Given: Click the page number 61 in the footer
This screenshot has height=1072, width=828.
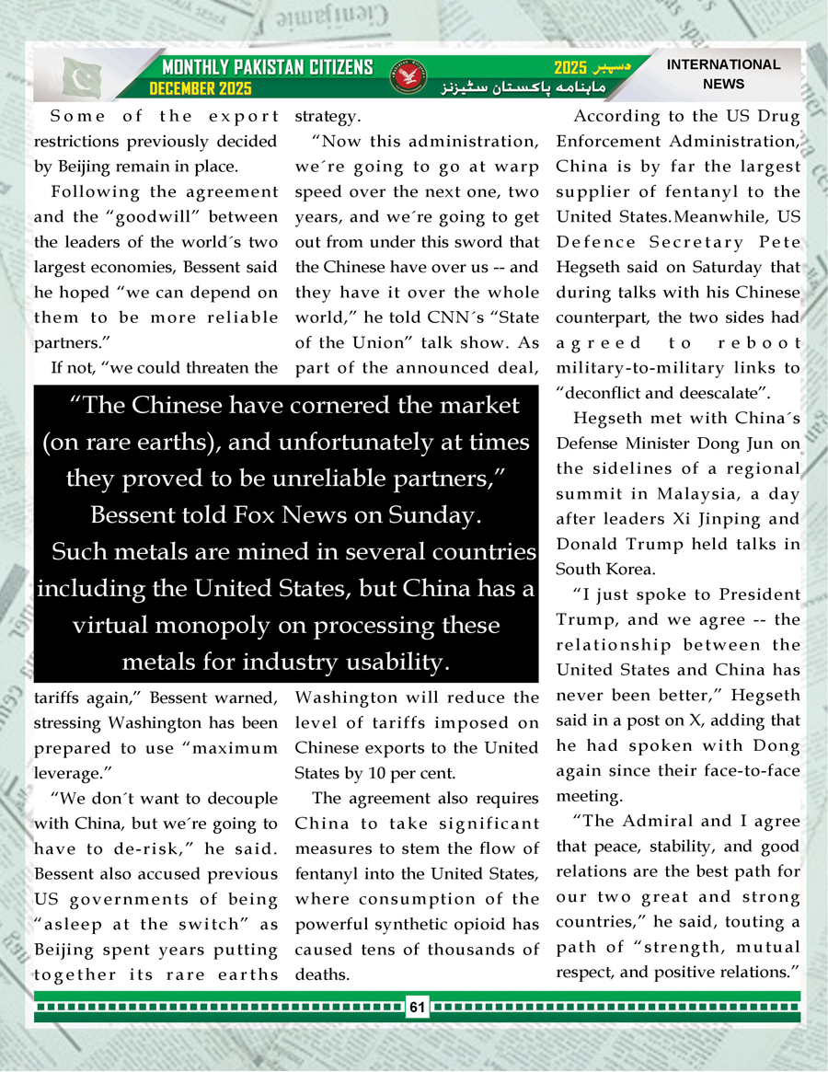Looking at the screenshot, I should click(417, 1008).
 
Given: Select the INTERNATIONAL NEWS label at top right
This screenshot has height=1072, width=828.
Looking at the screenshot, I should click(722, 74).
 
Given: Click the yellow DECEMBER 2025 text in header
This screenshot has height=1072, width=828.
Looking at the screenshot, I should click(201, 89).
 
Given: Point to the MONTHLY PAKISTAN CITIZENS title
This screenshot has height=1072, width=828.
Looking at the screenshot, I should click(267, 67).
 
